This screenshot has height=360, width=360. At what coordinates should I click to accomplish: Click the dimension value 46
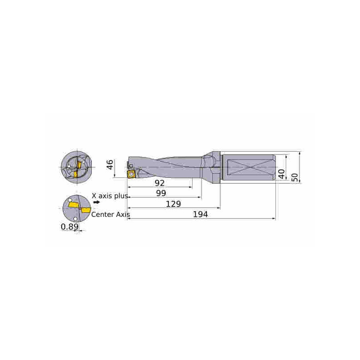coord(110,165)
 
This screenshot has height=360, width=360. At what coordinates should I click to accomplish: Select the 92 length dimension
coord(160,183)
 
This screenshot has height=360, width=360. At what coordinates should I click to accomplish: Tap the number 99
coord(161,193)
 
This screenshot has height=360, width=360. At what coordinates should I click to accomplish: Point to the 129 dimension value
coord(173,204)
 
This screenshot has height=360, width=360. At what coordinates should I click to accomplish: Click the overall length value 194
coord(200,214)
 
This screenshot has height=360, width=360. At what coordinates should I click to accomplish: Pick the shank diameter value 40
coord(281,174)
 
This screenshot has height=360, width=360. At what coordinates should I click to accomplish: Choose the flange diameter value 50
coord(295,177)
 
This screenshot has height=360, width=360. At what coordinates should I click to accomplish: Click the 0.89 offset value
coord(70,227)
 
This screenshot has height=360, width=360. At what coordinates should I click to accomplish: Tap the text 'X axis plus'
coord(110,196)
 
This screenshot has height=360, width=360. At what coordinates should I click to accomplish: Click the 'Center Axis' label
coord(110,215)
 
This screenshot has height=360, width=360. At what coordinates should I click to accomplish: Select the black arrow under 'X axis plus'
coord(97,202)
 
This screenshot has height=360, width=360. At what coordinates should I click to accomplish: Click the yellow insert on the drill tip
coord(131,174)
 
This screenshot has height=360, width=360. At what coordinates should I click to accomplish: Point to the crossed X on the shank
coord(250,167)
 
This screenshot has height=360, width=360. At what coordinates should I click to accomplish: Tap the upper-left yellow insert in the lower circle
coord(73,205)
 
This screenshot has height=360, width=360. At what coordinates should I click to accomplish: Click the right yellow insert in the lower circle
coord(85,210)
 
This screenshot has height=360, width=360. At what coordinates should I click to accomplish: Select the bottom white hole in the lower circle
coord(75,219)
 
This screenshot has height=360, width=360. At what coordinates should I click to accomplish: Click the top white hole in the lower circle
coord(70,200)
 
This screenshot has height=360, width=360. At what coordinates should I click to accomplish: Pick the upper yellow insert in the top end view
coord(79,164)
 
